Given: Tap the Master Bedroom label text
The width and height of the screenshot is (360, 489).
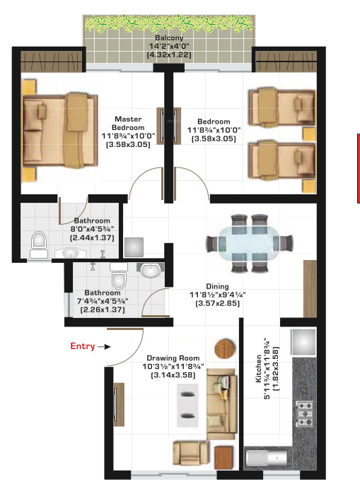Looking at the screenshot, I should [x=127, y=124].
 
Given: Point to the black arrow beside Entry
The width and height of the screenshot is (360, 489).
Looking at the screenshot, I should [x=105, y=346].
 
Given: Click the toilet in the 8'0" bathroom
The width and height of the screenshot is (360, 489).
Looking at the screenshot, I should [x=39, y=242].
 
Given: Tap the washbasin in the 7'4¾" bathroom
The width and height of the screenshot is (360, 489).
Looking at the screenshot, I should [x=149, y=271].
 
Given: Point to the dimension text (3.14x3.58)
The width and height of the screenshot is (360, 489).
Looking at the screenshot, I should [x=173, y=376].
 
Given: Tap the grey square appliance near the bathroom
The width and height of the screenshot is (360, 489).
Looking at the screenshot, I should [x=134, y=247].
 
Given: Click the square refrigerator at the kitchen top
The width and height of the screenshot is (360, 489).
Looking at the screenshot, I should [x=305, y=343].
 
